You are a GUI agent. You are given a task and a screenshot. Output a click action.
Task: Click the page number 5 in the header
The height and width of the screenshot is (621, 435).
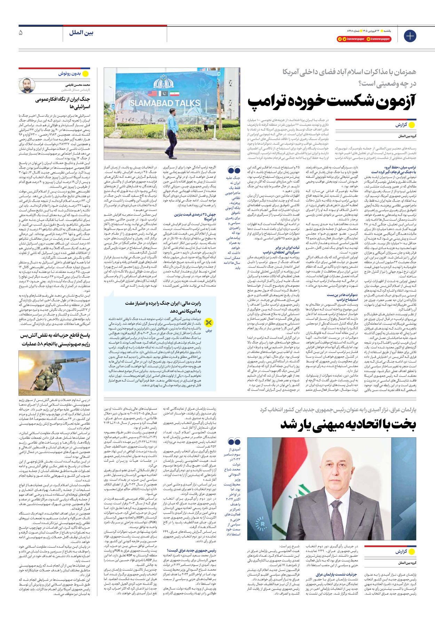tap(21, 33)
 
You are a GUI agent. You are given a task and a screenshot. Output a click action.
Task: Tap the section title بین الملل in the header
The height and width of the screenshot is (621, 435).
tap(81, 33)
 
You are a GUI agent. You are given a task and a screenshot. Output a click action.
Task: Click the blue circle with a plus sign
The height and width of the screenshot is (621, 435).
tap(410, 36)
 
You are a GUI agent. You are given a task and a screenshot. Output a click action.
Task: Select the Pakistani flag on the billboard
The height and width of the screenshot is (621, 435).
tap(163, 94)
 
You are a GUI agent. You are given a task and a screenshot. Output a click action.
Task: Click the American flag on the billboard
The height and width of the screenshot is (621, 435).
tap(152, 94)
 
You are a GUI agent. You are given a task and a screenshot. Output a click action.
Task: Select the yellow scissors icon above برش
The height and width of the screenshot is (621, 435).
tap(208, 323)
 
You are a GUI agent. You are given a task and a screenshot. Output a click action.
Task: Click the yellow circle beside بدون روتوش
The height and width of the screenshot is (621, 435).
tap(85, 73)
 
